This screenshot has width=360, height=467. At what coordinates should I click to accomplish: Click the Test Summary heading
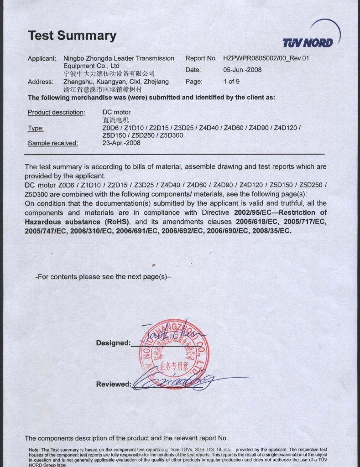(x=72, y=36)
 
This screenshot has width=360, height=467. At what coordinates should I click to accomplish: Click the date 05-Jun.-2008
(x=242, y=70)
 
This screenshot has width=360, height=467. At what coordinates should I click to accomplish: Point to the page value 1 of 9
(x=231, y=82)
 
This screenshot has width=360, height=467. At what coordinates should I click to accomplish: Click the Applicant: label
(x=42, y=58)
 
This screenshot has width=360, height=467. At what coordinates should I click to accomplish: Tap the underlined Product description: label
(x=56, y=112)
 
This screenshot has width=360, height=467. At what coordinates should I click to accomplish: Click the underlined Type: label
(x=36, y=129)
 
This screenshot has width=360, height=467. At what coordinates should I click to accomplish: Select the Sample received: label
(x=53, y=143)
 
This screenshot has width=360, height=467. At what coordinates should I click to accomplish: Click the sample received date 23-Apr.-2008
(x=121, y=143)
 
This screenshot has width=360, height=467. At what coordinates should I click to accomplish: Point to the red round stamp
(x=173, y=353)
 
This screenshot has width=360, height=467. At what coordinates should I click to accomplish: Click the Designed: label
(x=113, y=343)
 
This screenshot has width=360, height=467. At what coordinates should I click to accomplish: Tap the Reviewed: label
(x=113, y=384)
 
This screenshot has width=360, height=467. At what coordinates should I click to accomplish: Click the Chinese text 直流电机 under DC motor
(x=113, y=120)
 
